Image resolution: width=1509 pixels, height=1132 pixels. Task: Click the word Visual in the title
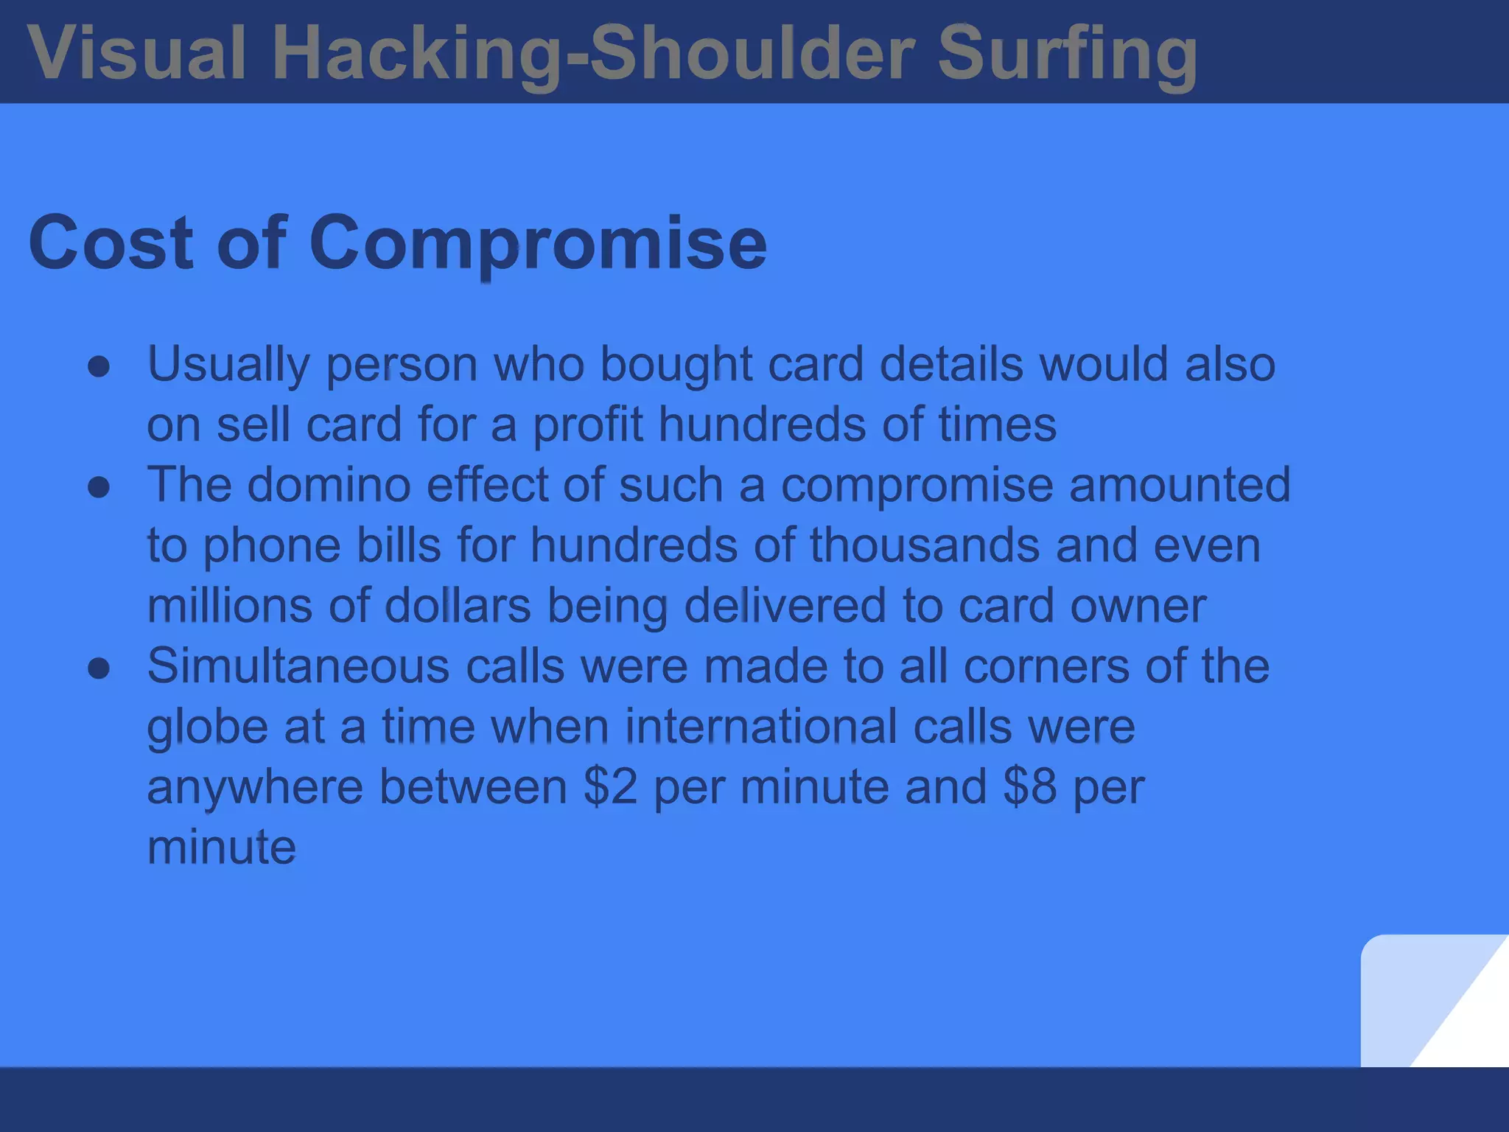tap(136, 53)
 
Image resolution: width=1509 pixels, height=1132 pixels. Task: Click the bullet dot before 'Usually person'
tap(99, 366)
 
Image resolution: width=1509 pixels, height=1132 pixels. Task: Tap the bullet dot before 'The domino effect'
tap(99, 487)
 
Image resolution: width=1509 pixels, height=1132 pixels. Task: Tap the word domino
tap(329, 486)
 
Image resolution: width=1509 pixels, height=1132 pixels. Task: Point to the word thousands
tap(925, 546)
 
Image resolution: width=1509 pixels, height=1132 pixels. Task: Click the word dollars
tap(458, 607)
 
